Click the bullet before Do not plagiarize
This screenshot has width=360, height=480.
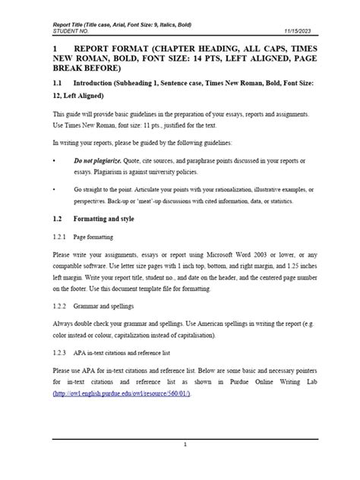click(54, 162)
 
